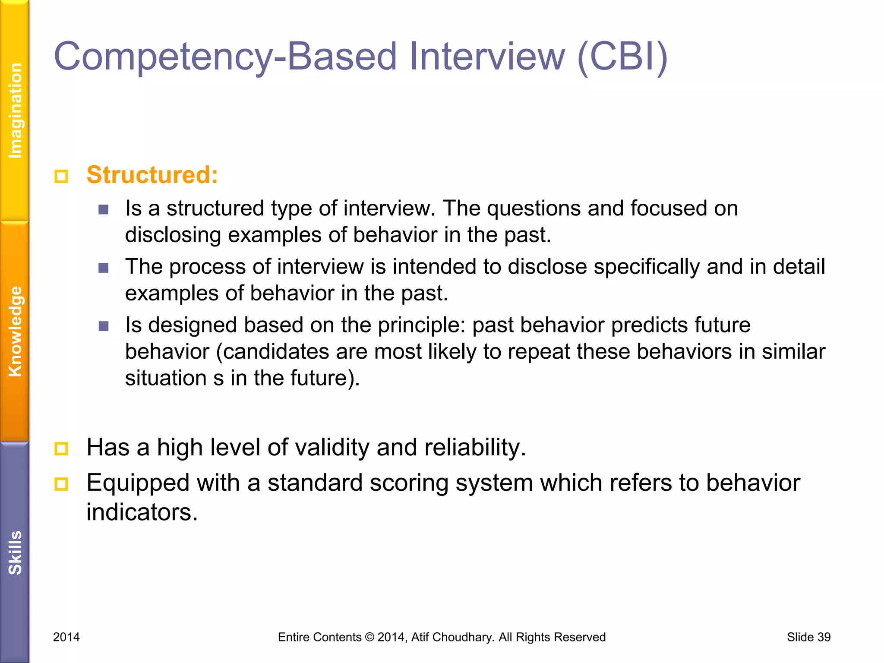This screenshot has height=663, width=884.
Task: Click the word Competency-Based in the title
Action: (x=224, y=57)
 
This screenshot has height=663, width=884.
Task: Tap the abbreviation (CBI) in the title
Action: (x=622, y=57)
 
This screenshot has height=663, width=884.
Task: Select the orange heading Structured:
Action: (x=152, y=175)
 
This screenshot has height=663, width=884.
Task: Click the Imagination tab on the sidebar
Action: (x=15, y=110)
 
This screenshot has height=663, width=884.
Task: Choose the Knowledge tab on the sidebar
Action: (x=15, y=331)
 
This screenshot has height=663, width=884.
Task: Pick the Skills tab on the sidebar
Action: (x=15, y=552)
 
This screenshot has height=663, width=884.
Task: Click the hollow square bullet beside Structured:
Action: (x=61, y=177)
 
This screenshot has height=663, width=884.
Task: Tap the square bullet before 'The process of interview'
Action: (x=104, y=268)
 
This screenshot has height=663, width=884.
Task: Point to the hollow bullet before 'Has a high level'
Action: (x=61, y=449)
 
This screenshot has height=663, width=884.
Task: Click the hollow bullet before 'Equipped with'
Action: (x=61, y=484)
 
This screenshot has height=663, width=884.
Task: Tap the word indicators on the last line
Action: (x=142, y=512)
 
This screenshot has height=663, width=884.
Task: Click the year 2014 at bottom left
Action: (x=66, y=637)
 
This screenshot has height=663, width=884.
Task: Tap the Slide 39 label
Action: (x=808, y=637)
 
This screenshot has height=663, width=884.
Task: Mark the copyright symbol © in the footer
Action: (x=369, y=637)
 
